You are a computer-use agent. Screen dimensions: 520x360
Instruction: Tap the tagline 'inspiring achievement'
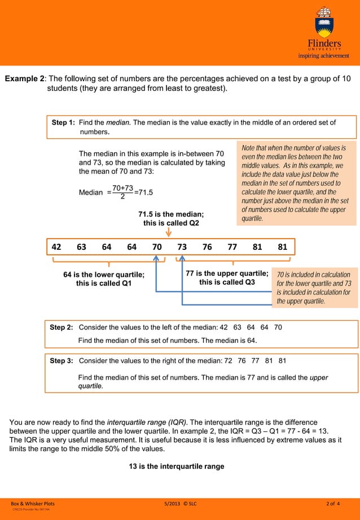(x=324, y=56)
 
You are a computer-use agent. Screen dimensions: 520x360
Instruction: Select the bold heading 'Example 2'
(x=25, y=78)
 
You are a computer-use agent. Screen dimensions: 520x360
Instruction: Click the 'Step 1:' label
(x=63, y=122)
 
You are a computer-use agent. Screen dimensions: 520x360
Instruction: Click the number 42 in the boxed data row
(x=56, y=246)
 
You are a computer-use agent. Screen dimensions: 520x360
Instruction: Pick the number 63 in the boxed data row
(x=82, y=246)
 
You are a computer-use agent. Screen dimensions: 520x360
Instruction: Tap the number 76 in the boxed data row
(x=207, y=246)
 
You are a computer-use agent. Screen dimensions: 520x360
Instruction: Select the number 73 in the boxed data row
(x=182, y=246)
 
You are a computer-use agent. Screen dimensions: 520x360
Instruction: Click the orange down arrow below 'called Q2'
(x=169, y=232)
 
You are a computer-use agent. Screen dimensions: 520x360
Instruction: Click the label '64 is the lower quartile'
(x=104, y=275)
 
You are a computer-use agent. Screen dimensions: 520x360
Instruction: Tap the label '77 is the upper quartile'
(x=227, y=274)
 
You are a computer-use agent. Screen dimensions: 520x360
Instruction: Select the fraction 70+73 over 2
(x=122, y=192)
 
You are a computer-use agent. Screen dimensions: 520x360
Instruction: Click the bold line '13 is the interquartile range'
(x=177, y=466)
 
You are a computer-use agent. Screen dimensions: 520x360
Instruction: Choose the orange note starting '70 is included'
(x=314, y=288)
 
